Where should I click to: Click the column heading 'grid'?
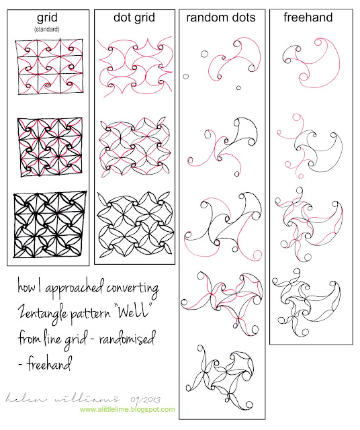(x=47, y=18)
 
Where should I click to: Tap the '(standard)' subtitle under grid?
(x=47, y=29)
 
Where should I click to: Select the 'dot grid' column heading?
(x=134, y=17)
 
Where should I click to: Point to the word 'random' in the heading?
(x=206, y=17)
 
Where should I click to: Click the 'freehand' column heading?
(x=308, y=17)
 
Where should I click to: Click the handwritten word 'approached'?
(x=75, y=288)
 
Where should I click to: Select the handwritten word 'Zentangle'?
(x=43, y=313)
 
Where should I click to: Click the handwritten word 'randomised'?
(x=127, y=337)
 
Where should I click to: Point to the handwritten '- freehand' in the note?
(x=45, y=363)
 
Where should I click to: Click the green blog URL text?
(x=128, y=409)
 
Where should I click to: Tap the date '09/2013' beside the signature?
(x=145, y=400)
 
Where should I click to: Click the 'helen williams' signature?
(x=62, y=398)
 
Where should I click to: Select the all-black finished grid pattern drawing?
(x=50, y=224)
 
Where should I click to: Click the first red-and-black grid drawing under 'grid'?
(x=49, y=67)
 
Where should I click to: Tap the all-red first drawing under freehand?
(x=311, y=62)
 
